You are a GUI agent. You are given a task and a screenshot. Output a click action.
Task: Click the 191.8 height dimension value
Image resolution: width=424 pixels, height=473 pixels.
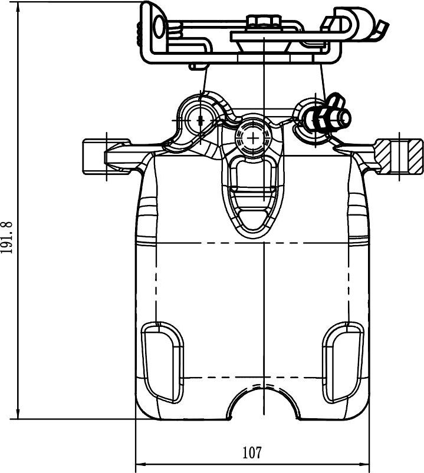point(6,237)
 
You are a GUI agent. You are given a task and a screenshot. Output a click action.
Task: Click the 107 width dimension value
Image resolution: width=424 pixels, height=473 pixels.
point(252,452)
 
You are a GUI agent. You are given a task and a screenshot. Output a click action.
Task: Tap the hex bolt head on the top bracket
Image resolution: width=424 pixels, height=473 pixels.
point(264,22)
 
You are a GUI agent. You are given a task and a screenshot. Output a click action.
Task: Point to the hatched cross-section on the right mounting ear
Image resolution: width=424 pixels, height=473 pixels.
point(399,156)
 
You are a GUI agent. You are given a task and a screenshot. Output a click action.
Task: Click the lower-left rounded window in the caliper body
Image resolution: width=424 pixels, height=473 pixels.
point(163,362)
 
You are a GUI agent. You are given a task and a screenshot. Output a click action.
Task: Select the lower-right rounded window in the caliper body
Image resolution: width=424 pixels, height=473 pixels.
point(343,362)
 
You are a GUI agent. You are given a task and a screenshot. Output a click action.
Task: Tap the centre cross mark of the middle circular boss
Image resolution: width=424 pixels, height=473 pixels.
point(253,138)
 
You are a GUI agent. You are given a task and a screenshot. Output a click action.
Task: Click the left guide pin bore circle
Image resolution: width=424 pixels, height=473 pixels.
point(201,120)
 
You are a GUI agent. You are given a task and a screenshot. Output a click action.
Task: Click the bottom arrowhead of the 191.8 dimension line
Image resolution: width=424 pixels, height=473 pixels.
point(18,414)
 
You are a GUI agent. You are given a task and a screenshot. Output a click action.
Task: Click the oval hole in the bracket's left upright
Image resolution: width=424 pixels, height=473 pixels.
point(159,27)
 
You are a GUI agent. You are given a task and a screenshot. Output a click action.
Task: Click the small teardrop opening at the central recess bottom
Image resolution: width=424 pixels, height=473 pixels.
point(253,220)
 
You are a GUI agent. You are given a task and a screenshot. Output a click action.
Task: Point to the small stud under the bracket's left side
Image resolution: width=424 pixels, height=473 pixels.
point(198,67)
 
